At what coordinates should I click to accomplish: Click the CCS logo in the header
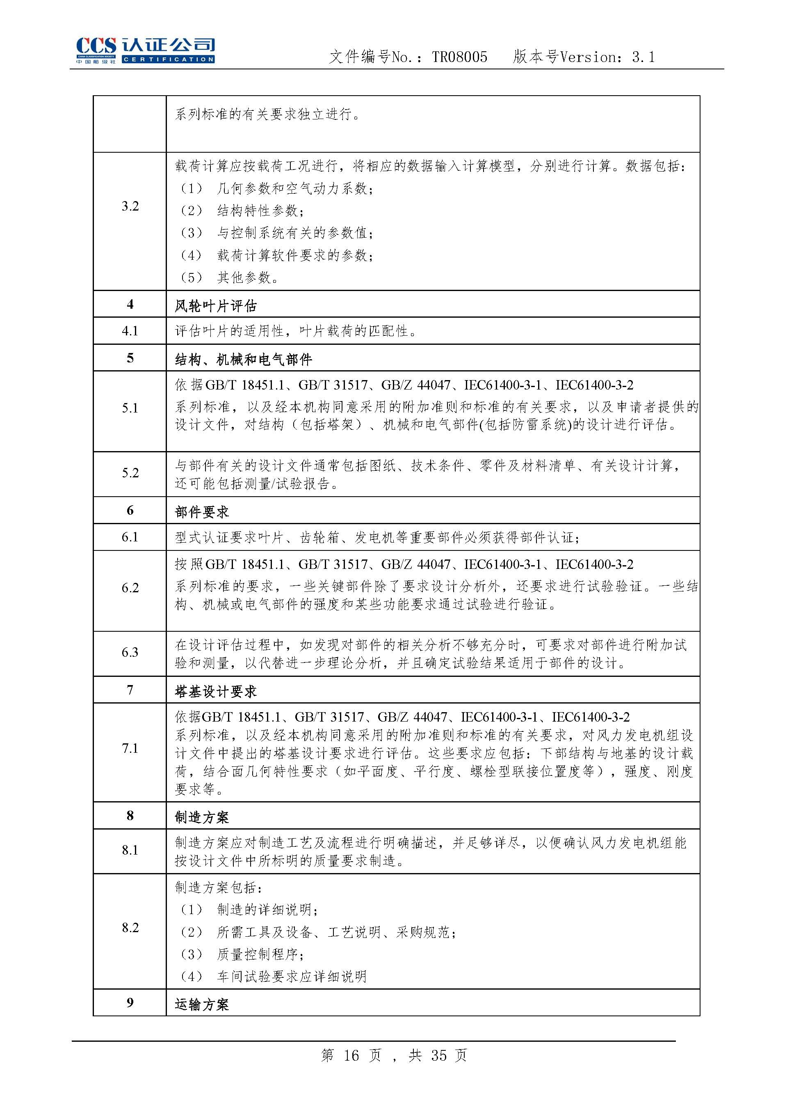tap(145, 50)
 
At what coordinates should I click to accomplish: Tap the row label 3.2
tap(130, 206)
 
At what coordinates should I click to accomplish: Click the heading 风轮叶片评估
tap(216, 306)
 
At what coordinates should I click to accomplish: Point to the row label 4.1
tap(130, 331)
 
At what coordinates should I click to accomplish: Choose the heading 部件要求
tap(202, 512)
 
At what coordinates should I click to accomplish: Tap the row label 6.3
tap(130, 652)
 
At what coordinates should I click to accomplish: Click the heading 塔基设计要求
tap(216, 691)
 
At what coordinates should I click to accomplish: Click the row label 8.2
tap(130, 928)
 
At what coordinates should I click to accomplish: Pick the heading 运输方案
tap(202, 1004)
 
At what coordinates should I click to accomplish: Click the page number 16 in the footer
tap(351, 1055)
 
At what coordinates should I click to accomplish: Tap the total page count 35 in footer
tap(438, 1055)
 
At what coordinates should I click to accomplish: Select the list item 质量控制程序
tap(260, 954)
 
